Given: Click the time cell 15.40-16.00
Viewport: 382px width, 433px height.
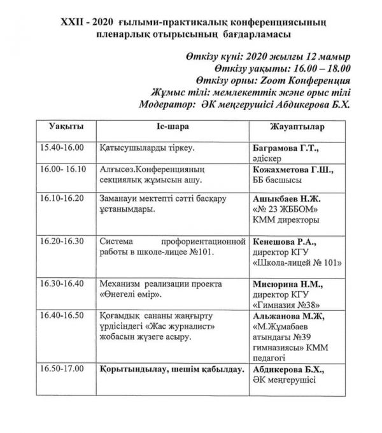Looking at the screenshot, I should (62, 148).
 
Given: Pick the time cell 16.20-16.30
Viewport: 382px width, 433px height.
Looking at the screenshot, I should (62, 242).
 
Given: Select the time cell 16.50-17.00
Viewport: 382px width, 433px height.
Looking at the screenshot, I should (62, 368).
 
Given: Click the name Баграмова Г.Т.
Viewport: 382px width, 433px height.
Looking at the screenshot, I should (285, 148).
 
